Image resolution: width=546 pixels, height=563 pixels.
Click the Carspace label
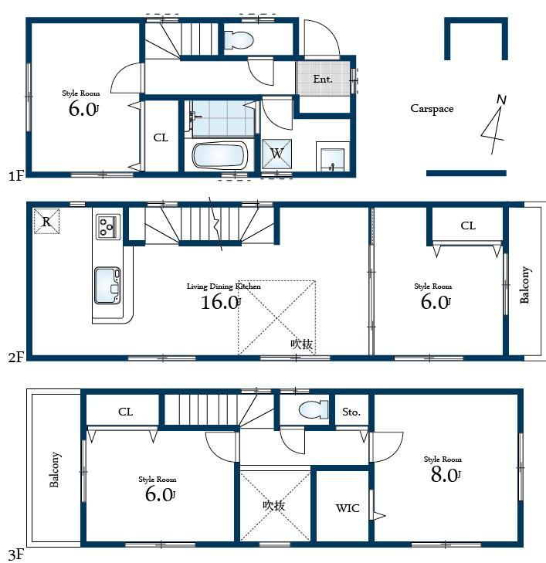click(x=431, y=109)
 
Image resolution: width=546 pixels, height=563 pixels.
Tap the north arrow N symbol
click(x=500, y=100)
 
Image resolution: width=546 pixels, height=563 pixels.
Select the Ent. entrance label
click(x=322, y=79)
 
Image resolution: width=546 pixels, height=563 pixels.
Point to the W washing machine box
click(x=276, y=153)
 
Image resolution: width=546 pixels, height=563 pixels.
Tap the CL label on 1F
click(x=161, y=138)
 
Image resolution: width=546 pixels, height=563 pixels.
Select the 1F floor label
click(x=16, y=176)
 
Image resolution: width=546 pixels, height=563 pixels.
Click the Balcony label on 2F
click(x=525, y=285)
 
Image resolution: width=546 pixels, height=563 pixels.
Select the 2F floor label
click(x=16, y=357)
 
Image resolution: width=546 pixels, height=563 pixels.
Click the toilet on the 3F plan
click(x=312, y=409)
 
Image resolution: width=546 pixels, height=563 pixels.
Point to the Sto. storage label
click(x=351, y=412)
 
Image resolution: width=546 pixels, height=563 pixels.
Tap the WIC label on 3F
click(x=347, y=508)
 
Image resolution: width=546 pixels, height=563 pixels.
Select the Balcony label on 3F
click(x=55, y=470)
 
